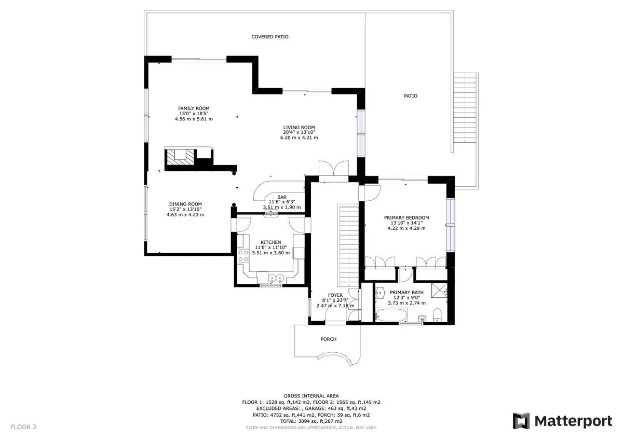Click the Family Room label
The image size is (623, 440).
(194, 108)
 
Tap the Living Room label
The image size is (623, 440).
(299, 128)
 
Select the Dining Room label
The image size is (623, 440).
(185, 204)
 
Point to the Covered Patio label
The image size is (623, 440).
(270, 37)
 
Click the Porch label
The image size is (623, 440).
(329, 339)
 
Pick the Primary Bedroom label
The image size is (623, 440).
(407, 217)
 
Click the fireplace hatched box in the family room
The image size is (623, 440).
(180, 157)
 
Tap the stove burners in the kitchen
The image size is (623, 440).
(243, 256)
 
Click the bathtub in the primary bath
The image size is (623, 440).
(391, 315)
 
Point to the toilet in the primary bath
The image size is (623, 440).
(437, 314)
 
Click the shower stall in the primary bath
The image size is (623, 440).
(439, 291)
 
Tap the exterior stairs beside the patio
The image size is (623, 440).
(465, 108)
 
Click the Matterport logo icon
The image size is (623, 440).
(521, 421)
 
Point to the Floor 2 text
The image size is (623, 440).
(23, 427)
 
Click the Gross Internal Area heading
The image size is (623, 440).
(311, 396)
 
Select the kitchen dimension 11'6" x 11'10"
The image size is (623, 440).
(270, 247)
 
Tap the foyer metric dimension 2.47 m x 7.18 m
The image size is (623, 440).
(335, 306)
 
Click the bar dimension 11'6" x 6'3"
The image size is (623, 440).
(282, 202)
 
